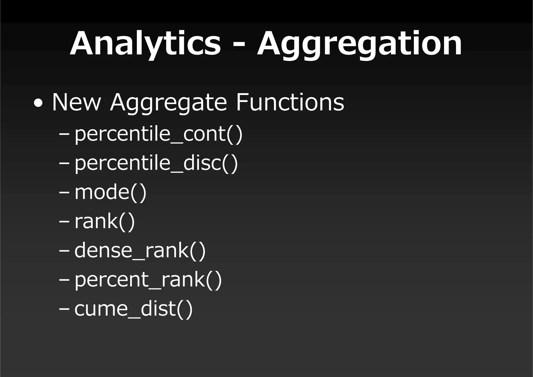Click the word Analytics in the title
(145, 44)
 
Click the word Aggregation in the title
(359, 44)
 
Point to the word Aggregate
(168, 103)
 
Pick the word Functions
(290, 102)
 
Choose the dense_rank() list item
(140, 250)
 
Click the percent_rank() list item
(148, 280)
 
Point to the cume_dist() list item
(134, 309)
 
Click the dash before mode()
(64, 193)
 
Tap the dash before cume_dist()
(64, 309)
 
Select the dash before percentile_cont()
(64, 135)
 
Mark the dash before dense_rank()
(64, 251)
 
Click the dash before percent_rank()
(64, 280)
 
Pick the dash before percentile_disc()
(64, 164)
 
